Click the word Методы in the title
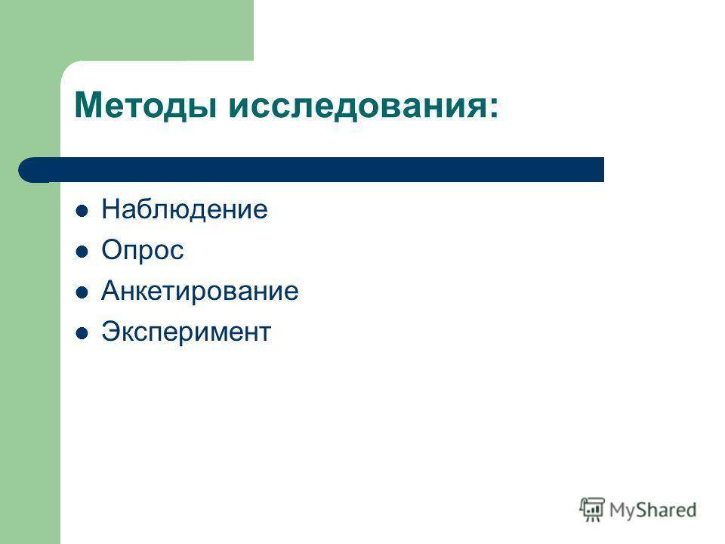[x=146, y=106]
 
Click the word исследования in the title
[x=355, y=106]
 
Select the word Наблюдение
[x=184, y=209]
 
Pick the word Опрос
[x=143, y=251]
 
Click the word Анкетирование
[x=199, y=291]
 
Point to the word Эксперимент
[x=187, y=332]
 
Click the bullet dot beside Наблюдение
[x=82, y=211]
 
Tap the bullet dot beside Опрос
[x=82, y=252]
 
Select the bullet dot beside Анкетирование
[x=82, y=292]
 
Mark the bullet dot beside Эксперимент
[x=82, y=333]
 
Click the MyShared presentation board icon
[x=592, y=509]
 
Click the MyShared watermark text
[x=652, y=510]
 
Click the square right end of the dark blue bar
[x=603, y=170]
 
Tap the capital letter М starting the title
[x=88, y=106]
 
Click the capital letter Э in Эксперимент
[x=111, y=331]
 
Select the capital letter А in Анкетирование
[x=111, y=290]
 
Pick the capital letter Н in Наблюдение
[x=111, y=209]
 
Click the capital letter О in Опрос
[x=112, y=250]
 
